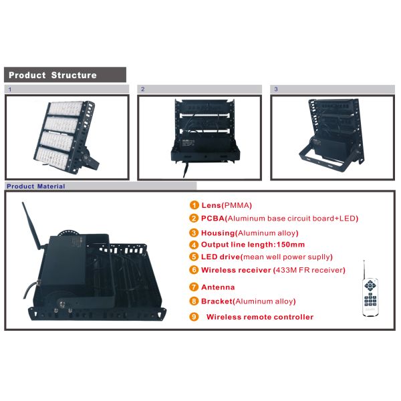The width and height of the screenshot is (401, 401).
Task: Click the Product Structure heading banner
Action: pos(65,75)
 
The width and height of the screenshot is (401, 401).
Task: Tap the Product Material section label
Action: pos(36,186)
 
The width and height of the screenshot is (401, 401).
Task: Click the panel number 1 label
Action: pos(10,90)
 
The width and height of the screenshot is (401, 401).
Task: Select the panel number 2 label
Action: pos(143,89)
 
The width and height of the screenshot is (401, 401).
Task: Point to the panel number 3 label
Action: pos(275,89)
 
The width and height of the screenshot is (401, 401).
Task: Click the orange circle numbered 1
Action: pos(194,205)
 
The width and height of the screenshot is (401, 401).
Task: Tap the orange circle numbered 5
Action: pos(194,257)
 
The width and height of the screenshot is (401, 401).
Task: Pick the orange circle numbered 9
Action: pos(194,317)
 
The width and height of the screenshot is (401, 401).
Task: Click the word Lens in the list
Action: pos(211,205)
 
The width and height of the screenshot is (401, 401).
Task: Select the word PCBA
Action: pos(213,219)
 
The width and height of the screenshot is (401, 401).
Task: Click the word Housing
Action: pos(218,233)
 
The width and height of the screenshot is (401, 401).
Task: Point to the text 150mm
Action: pos(291,245)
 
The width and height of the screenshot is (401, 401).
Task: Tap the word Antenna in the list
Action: pos(218,287)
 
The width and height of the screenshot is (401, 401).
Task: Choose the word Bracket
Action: pos(217,301)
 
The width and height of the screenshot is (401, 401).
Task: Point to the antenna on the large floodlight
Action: pos(32,226)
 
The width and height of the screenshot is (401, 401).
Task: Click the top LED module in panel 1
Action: pos(66,109)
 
